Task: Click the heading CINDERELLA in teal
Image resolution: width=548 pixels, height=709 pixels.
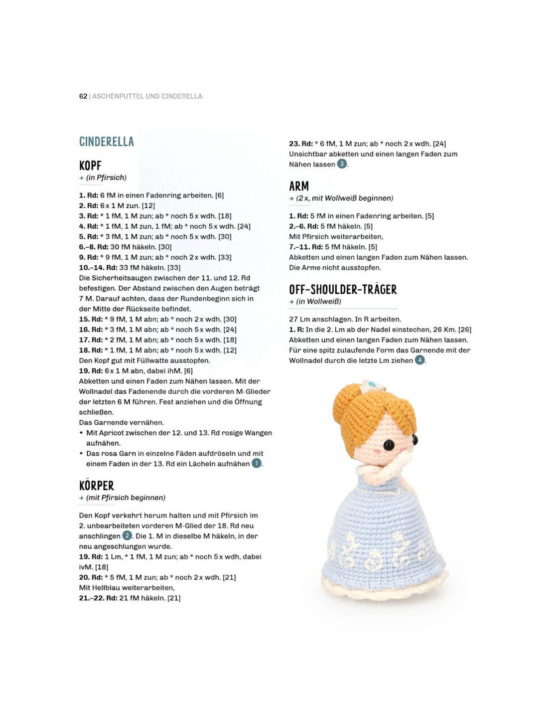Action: [x=107, y=142]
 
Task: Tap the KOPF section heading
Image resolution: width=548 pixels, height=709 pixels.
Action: [x=90, y=166]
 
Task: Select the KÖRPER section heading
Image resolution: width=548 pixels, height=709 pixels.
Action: [x=97, y=486]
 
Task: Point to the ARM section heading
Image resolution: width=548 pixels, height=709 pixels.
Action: [x=299, y=186]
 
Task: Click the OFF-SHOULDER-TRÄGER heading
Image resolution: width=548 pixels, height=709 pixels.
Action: [x=343, y=290]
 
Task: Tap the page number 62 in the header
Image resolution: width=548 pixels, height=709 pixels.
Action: [x=83, y=96]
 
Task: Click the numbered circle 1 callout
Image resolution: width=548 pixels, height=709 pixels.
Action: [x=257, y=464]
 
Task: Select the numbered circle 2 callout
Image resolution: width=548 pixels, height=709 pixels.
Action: [x=127, y=535]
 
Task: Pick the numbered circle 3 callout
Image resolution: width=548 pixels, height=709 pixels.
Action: [x=342, y=164]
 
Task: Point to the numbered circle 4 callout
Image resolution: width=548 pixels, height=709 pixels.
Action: [x=420, y=360]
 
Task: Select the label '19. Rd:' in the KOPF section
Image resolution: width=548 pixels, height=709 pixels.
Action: [x=91, y=371]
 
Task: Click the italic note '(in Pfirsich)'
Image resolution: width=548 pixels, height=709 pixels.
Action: [x=106, y=177]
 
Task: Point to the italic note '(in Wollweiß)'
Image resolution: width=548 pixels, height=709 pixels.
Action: [x=318, y=302]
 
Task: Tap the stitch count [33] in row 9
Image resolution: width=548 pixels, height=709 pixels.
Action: [x=225, y=257]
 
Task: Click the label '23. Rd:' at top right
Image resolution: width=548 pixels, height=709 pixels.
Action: [x=301, y=144]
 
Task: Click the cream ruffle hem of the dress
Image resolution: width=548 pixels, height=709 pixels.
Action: [x=384, y=588]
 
